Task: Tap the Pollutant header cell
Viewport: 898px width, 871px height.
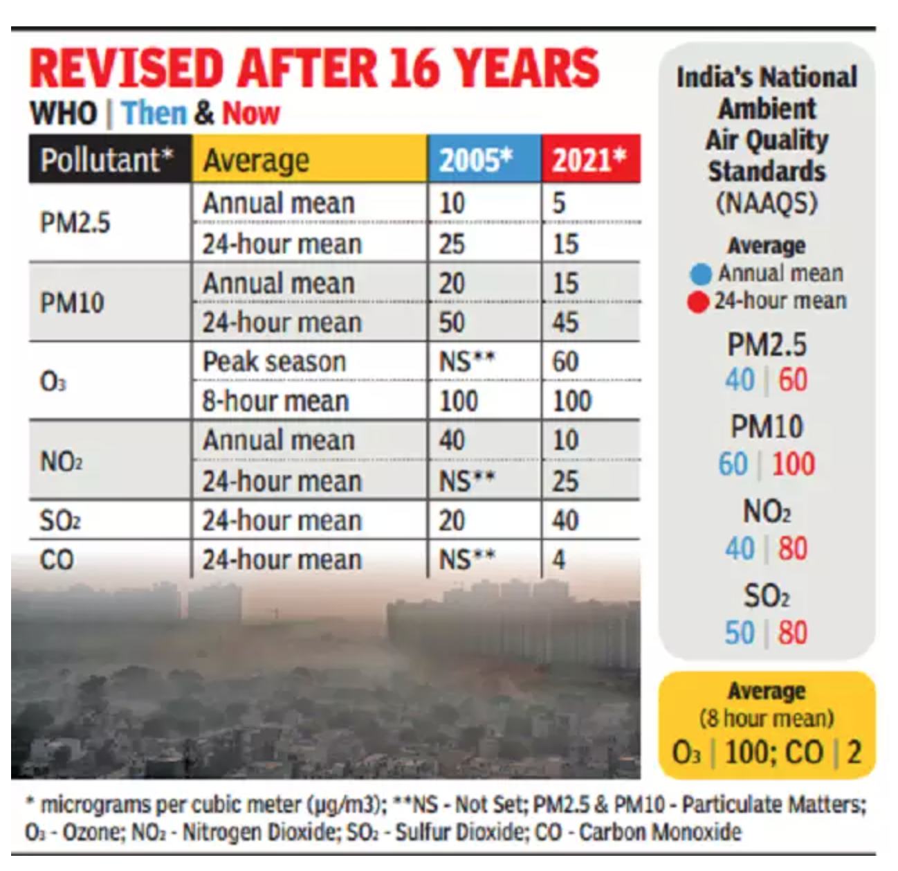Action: click(x=107, y=160)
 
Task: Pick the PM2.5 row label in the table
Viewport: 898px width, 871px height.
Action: click(x=75, y=223)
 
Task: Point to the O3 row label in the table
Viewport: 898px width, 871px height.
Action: click(x=53, y=381)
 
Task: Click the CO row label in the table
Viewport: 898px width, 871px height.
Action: click(x=57, y=559)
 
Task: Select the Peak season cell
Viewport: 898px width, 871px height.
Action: click(x=274, y=361)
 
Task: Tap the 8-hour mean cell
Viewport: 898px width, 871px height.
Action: click(x=275, y=401)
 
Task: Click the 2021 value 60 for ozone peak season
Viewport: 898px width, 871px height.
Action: click(x=565, y=361)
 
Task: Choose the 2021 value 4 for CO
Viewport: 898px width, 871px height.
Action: click(x=559, y=559)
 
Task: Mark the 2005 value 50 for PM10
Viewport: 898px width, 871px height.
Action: click(x=452, y=323)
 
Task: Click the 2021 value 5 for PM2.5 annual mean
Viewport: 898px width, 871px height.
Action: click(x=559, y=203)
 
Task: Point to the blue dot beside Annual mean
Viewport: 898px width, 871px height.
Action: click(x=701, y=274)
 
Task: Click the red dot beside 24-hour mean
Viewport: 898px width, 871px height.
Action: click(x=698, y=302)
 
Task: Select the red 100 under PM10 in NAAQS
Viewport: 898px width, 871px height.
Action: click(x=793, y=464)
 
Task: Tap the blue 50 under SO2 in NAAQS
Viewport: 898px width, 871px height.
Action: click(x=740, y=633)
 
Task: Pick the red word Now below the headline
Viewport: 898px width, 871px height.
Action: click(x=250, y=113)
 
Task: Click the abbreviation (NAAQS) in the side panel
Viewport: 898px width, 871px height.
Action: click(x=767, y=203)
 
